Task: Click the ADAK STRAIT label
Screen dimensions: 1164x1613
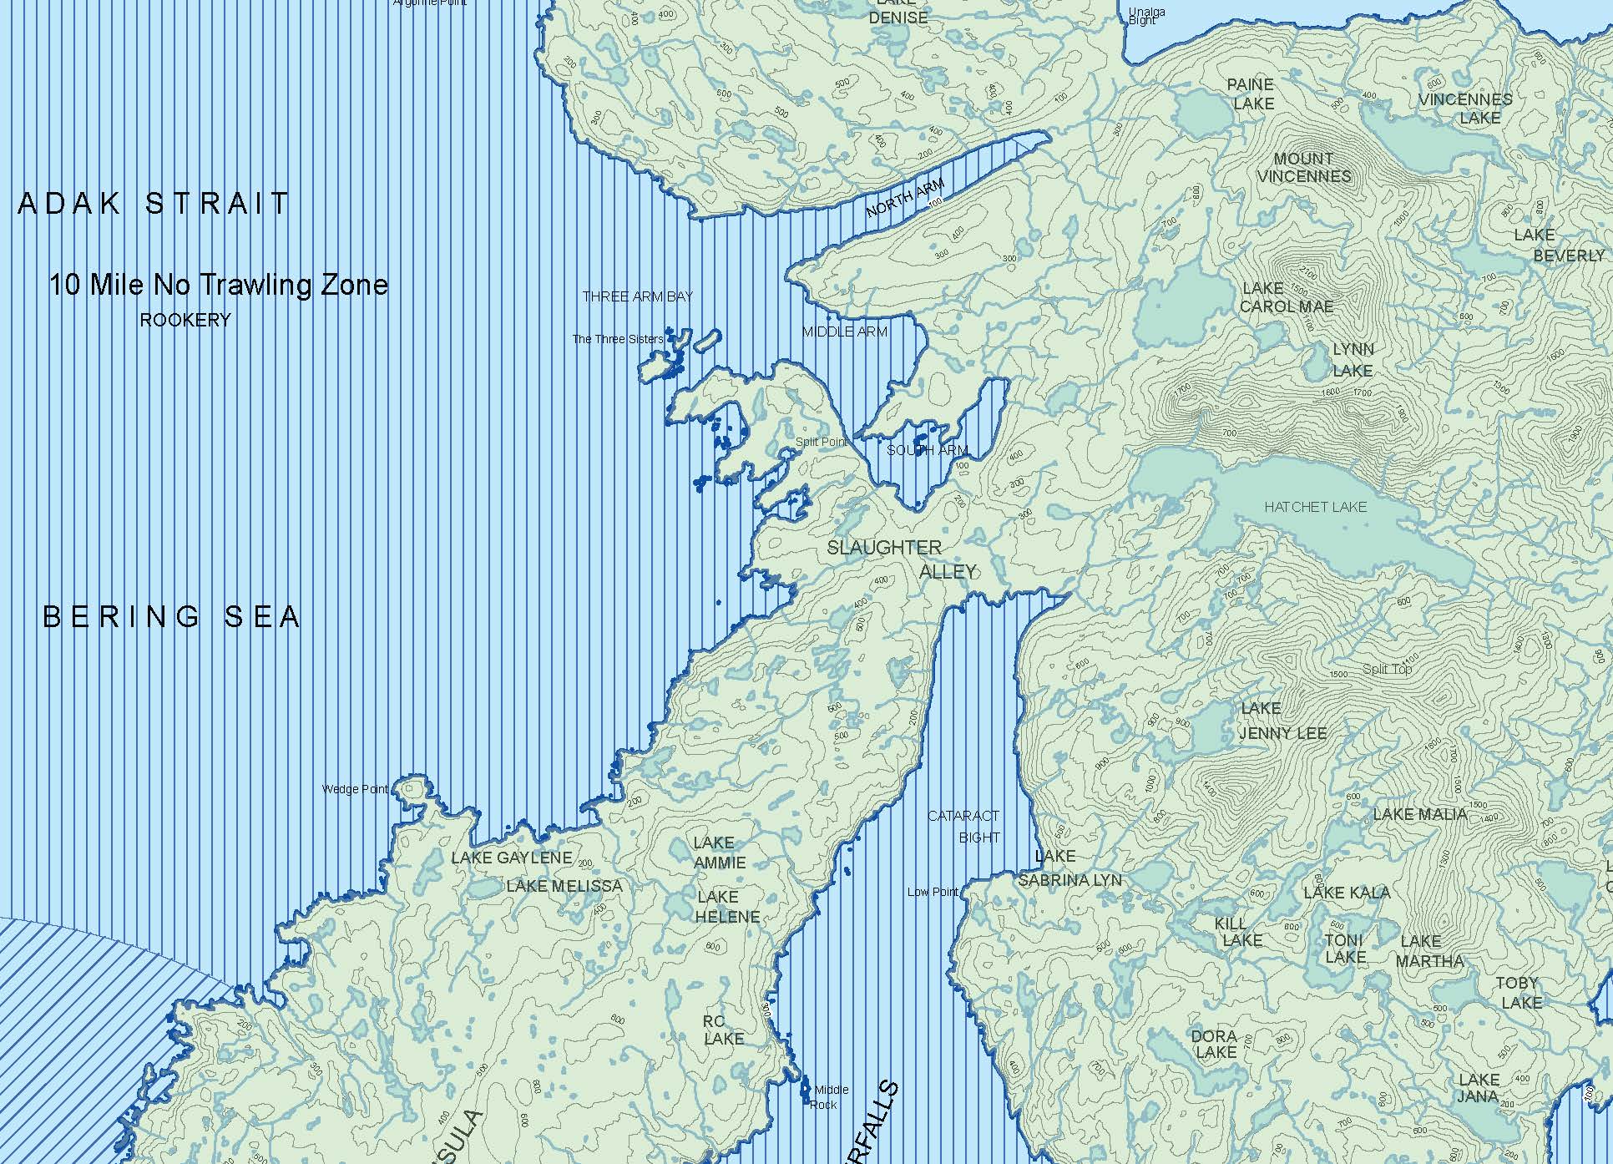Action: click(x=154, y=203)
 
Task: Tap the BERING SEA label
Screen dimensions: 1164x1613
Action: click(x=171, y=617)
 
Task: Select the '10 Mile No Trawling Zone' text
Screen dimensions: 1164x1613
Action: click(x=218, y=286)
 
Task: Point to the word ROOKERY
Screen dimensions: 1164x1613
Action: click(x=185, y=321)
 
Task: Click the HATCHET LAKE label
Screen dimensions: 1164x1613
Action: click(x=1315, y=507)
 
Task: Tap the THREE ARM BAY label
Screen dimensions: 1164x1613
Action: click(x=637, y=296)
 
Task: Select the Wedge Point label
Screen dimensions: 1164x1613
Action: click(x=355, y=789)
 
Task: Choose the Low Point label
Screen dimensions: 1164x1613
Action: click(x=933, y=892)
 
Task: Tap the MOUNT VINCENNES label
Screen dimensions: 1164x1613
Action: click(x=1303, y=168)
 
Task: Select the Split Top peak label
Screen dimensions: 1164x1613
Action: click(x=1387, y=669)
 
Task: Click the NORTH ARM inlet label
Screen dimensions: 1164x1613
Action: click(x=905, y=199)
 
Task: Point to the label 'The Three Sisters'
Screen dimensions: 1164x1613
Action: click(x=617, y=339)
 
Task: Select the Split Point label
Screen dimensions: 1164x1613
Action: click(x=821, y=442)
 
